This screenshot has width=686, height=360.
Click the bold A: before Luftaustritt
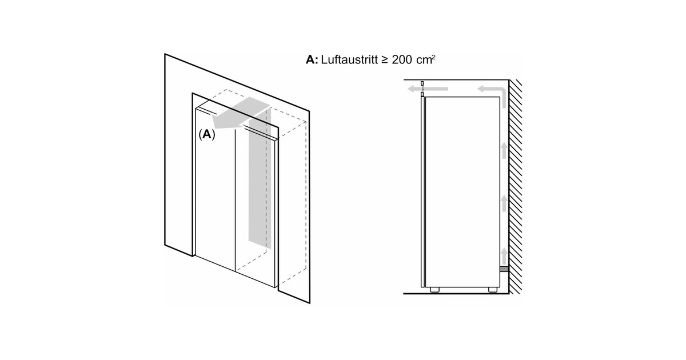point(312,59)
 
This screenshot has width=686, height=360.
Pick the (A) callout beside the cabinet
point(206,135)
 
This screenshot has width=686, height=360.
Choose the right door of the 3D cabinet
point(256,206)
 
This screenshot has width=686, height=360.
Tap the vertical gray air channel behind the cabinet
point(258,183)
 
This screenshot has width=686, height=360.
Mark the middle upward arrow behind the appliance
point(504,203)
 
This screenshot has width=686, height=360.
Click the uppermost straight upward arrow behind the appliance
point(504,150)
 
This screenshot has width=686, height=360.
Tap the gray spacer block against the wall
point(504,269)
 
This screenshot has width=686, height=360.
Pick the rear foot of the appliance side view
point(492,290)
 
